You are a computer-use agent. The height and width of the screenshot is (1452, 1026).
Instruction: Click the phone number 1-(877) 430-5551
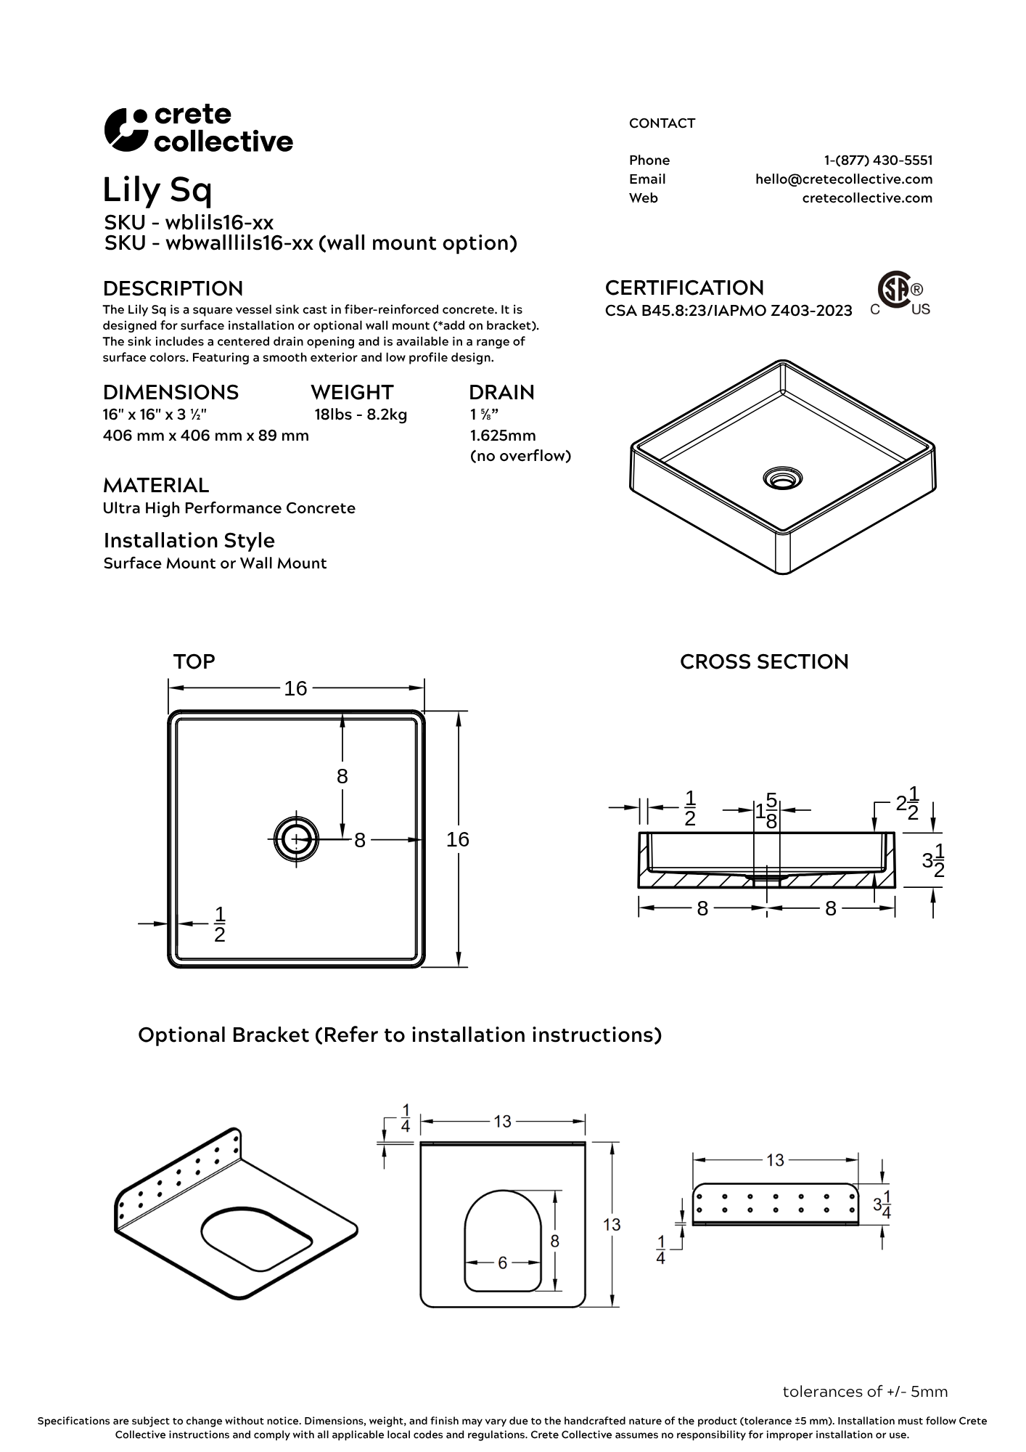coord(878,160)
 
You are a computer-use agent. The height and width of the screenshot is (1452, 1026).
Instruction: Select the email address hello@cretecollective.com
coord(843,179)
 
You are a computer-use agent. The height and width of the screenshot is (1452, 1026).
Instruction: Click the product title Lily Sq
coord(157,190)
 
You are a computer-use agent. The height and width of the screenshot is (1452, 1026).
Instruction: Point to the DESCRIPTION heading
coord(173,288)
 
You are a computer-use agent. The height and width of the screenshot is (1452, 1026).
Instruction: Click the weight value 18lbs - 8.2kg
coord(361,415)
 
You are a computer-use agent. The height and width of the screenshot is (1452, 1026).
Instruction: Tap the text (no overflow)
coord(520,456)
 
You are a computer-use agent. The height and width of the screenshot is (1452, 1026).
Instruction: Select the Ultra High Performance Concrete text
coord(229,508)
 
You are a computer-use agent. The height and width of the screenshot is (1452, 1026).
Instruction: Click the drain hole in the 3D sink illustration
coord(782,478)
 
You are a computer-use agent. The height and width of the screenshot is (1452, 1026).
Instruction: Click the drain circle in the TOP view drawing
coord(296,839)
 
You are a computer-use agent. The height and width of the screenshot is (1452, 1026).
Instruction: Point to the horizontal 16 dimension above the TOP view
coord(295,688)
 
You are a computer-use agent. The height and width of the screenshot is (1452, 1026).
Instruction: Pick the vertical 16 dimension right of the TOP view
coord(458,839)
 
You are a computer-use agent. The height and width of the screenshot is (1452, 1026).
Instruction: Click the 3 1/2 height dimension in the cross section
coord(933,860)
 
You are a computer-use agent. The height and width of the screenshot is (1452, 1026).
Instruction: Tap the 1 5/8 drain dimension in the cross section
coord(767,810)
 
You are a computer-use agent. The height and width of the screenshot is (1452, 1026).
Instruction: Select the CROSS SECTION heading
coord(764,662)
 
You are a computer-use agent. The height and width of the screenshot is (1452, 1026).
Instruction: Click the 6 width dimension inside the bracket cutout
coord(502,1263)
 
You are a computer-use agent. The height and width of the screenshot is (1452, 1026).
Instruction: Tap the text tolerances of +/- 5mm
coord(865,1392)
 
